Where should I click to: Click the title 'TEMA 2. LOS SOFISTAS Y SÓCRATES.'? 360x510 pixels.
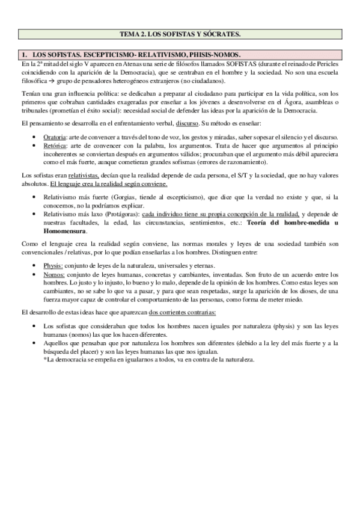tap(180, 34)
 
